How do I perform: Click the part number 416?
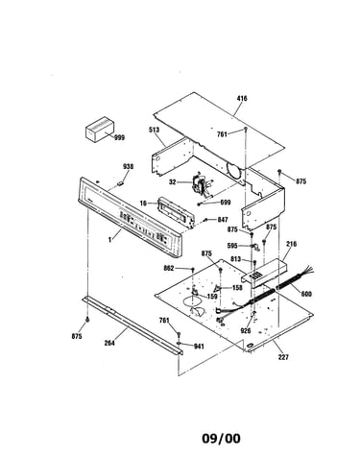[x=242, y=98]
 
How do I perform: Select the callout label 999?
[x=119, y=138]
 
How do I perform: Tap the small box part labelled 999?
[x=100, y=129]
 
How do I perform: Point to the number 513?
[x=154, y=130]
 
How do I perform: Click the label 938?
[x=129, y=166]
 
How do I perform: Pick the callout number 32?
[x=173, y=182]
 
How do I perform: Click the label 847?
[x=223, y=220]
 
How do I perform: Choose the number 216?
[x=291, y=244]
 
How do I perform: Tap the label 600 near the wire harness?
[x=306, y=294]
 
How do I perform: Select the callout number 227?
[x=283, y=357]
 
